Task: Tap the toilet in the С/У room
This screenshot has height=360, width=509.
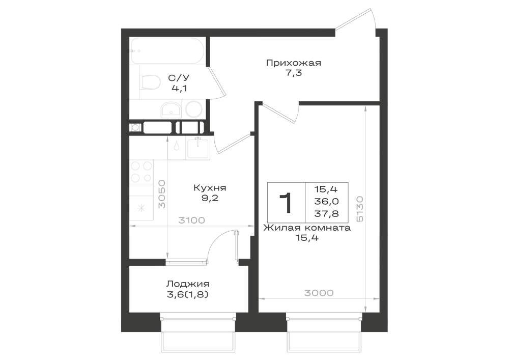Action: (x=150, y=82)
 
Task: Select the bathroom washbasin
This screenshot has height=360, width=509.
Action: (x=172, y=109)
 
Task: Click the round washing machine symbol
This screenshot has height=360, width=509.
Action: (x=194, y=109)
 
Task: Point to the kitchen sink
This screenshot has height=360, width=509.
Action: (x=198, y=148)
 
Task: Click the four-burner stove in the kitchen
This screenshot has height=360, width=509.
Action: (x=142, y=172)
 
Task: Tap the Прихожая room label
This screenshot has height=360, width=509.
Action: (x=294, y=63)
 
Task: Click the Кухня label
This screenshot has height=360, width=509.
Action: (x=210, y=187)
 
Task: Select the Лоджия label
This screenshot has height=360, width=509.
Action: (x=188, y=284)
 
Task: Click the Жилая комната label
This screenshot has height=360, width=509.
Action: (x=307, y=228)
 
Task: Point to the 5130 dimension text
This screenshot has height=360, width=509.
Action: (x=360, y=209)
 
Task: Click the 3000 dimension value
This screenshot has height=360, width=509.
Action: (x=319, y=293)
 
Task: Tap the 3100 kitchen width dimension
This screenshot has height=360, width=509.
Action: (x=192, y=220)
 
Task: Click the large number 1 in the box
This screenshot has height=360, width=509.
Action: (x=286, y=203)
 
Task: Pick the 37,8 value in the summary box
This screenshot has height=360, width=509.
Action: (x=326, y=213)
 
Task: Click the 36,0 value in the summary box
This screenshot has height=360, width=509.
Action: (x=326, y=201)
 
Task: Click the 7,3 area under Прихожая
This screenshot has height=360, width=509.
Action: (x=294, y=73)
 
